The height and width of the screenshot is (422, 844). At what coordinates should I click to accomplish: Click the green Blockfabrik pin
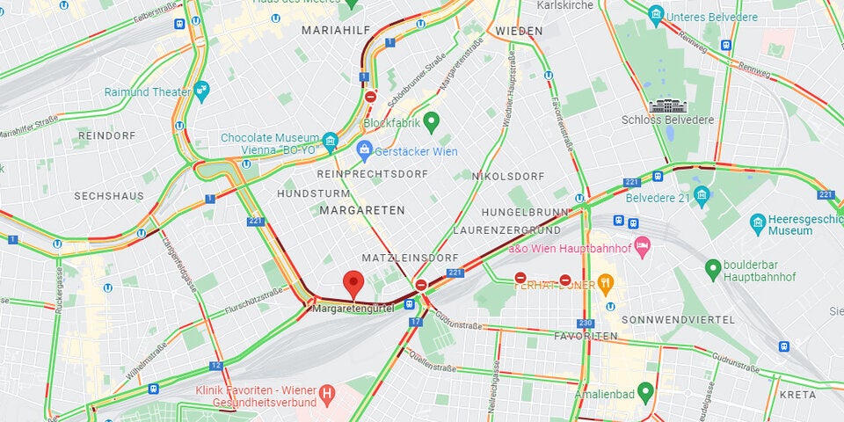coord(430,120)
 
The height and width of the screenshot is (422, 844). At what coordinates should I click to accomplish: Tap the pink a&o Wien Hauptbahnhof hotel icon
coord(643,244)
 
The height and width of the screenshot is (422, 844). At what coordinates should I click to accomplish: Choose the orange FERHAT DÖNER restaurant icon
coord(605,283)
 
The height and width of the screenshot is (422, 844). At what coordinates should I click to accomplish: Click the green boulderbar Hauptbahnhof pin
coord(713,266)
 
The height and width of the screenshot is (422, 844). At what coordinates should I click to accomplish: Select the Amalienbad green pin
coord(645,391)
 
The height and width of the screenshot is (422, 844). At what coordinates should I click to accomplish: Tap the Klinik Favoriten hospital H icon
coord(327,392)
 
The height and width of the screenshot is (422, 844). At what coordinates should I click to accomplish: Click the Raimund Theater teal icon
coord(203,89)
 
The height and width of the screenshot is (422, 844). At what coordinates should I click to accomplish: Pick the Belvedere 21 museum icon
coord(702,194)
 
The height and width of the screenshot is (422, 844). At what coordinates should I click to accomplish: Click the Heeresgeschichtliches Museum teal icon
coord(757,221)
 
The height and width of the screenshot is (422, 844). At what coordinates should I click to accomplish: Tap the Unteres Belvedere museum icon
coord(655,15)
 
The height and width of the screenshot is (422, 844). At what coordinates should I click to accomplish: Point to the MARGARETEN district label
coord(362,211)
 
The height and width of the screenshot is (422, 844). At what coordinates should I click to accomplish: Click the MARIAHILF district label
coord(334,30)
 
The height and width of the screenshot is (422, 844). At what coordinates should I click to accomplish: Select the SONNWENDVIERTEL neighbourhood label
coord(671,319)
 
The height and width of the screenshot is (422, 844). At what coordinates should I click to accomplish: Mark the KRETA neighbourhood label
coord(798,395)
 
